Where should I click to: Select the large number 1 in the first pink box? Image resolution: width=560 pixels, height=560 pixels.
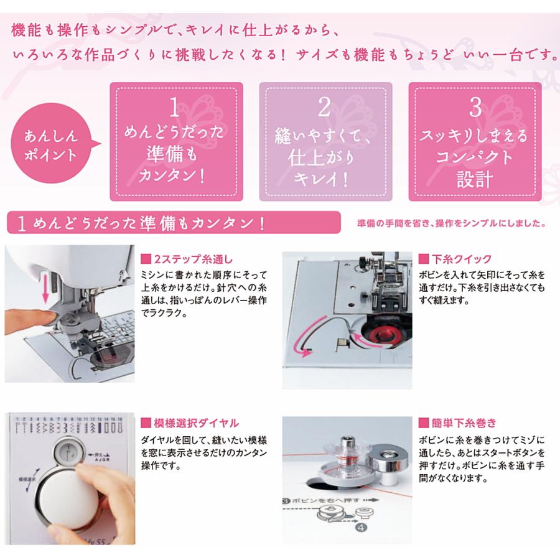point(175,108)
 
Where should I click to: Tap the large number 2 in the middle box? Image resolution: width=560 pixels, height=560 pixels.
point(324,108)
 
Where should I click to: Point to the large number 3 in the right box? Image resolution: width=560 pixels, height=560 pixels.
point(475,108)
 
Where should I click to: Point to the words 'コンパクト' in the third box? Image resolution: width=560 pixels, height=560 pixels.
point(475,157)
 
